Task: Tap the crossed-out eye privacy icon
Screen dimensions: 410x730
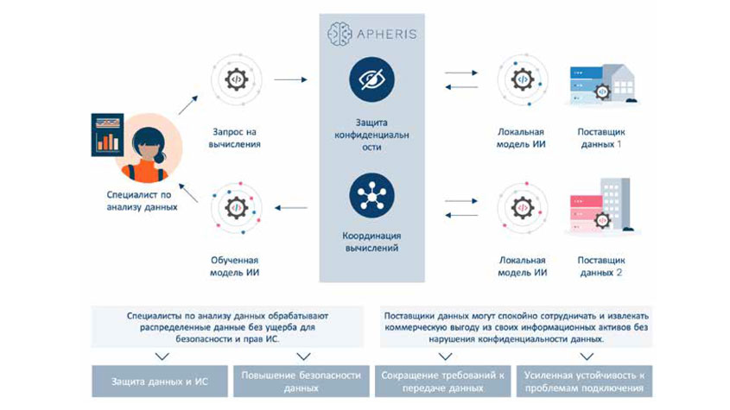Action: [x=372, y=79]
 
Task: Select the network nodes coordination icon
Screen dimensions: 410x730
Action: [x=372, y=194]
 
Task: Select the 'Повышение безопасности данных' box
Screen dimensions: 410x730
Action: [x=302, y=381]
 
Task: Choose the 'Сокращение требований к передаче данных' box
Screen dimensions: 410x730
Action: [x=441, y=381]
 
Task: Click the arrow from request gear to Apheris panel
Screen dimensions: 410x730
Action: [x=292, y=80]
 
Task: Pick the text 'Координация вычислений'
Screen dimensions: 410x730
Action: [x=372, y=240]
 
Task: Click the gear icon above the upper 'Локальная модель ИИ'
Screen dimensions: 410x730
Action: [x=522, y=80]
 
